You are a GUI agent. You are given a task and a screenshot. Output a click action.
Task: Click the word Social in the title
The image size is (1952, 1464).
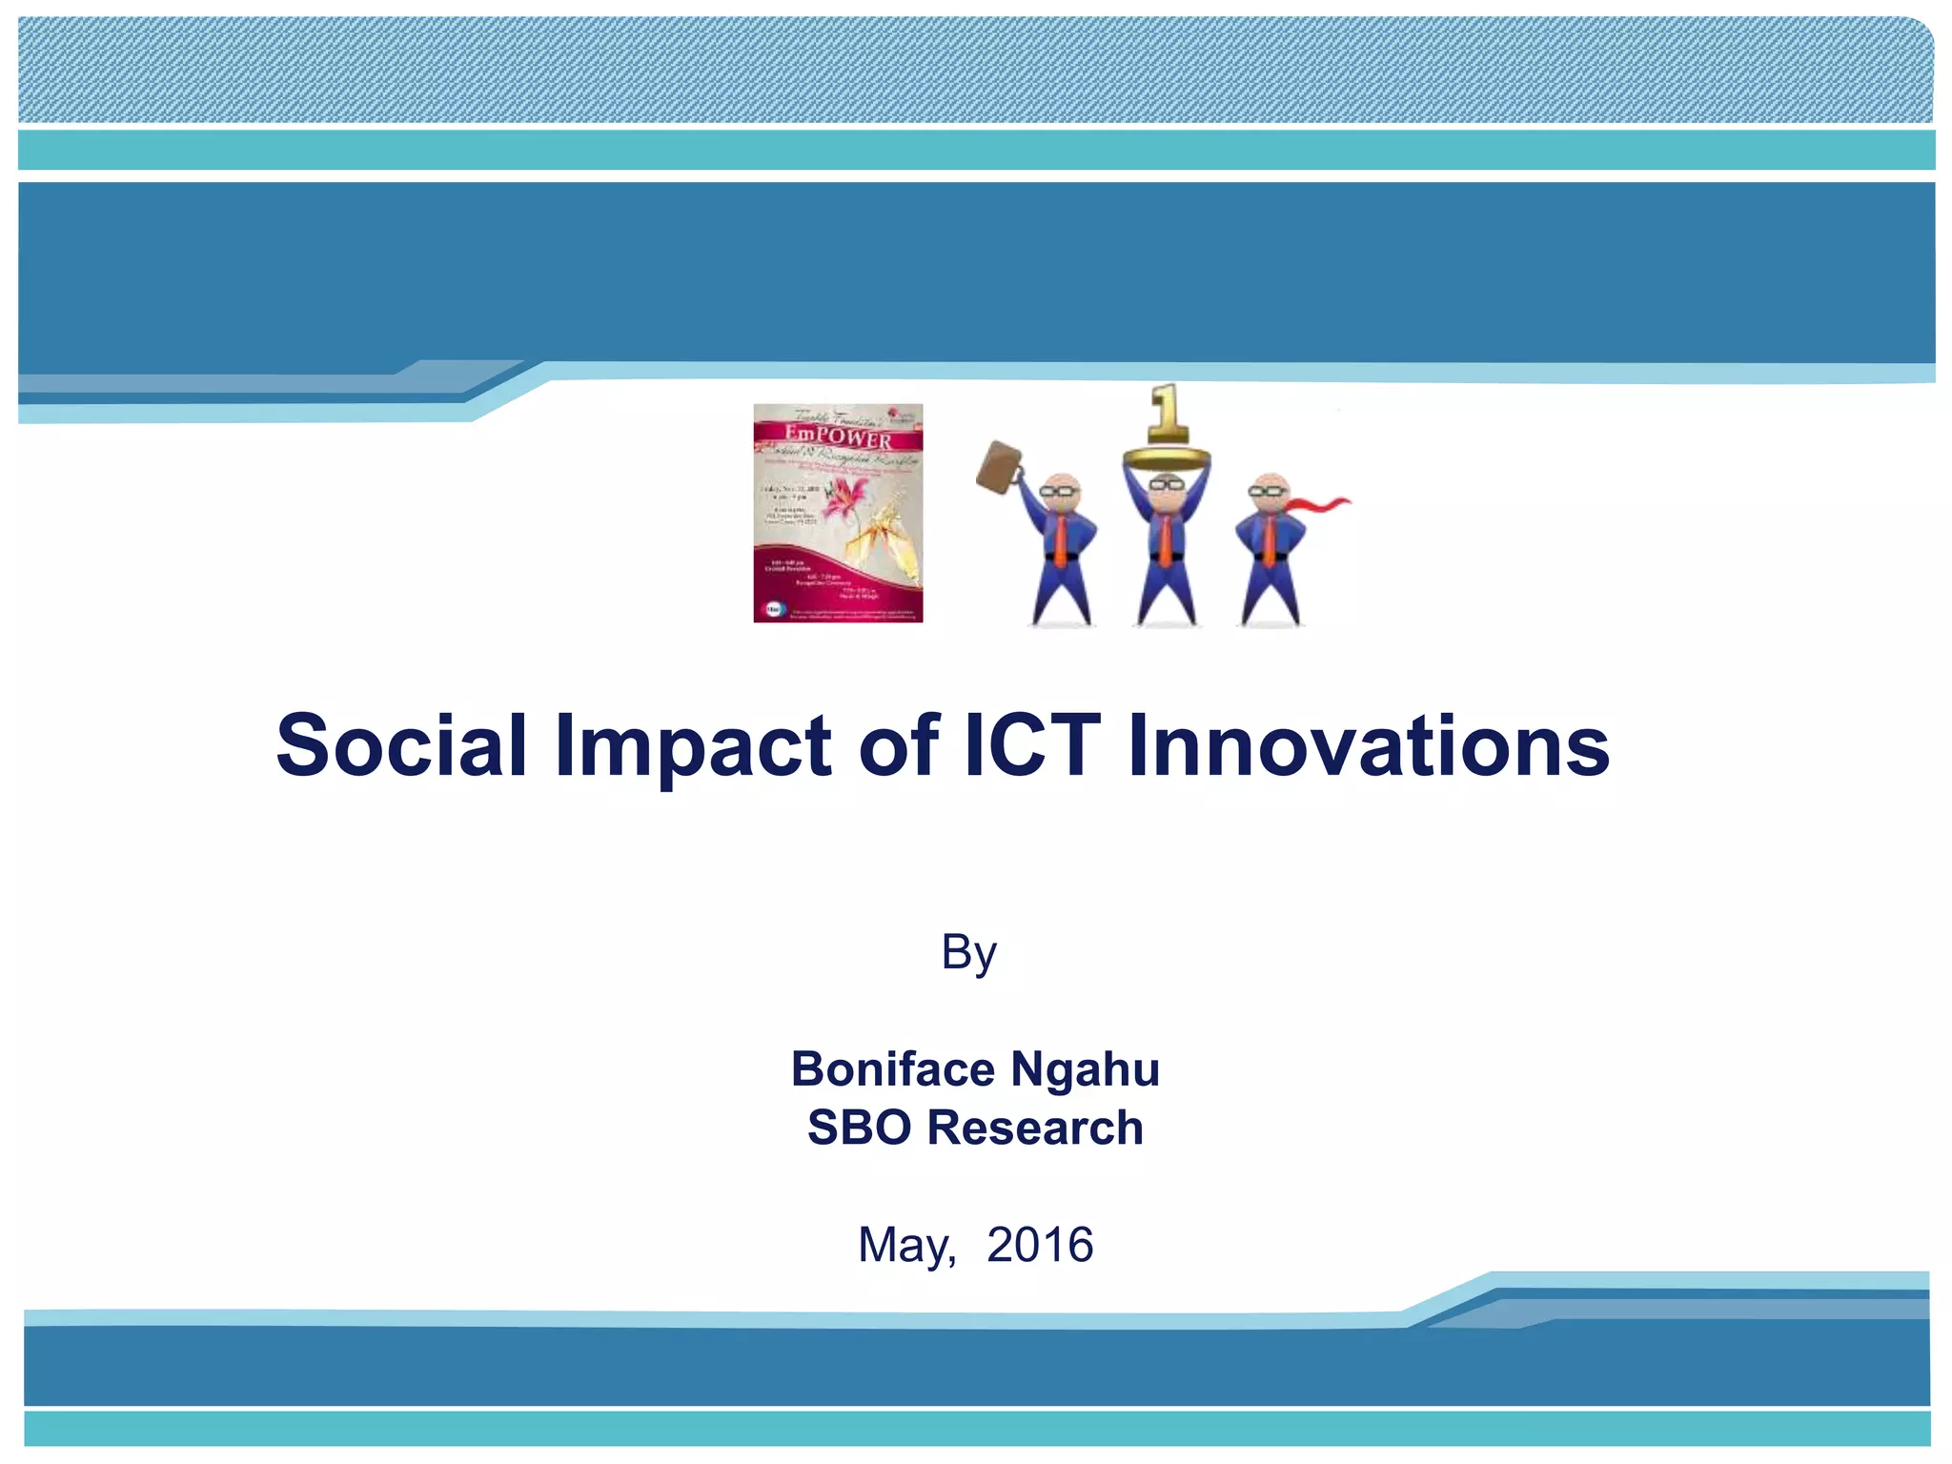tap(400, 745)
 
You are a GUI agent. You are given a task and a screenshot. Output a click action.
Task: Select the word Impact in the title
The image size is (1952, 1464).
tap(694, 745)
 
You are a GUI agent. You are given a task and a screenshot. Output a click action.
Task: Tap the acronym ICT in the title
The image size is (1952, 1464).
tap(1031, 745)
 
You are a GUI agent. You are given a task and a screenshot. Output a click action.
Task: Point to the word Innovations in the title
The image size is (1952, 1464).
tap(1368, 745)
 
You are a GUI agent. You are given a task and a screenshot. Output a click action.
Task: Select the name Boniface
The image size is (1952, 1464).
tap(893, 1068)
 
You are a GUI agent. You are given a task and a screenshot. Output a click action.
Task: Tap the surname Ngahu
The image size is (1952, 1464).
tap(1085, 1068)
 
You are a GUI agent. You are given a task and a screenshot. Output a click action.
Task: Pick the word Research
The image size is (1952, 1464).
tap(1035, 1128)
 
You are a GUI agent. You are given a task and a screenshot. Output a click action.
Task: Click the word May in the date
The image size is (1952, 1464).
tap(904, 1245)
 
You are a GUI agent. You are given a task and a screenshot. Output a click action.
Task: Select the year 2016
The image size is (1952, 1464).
tap(1040, 1245)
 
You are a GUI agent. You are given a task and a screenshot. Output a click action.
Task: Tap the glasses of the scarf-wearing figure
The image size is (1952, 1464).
tap(1269, 491)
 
